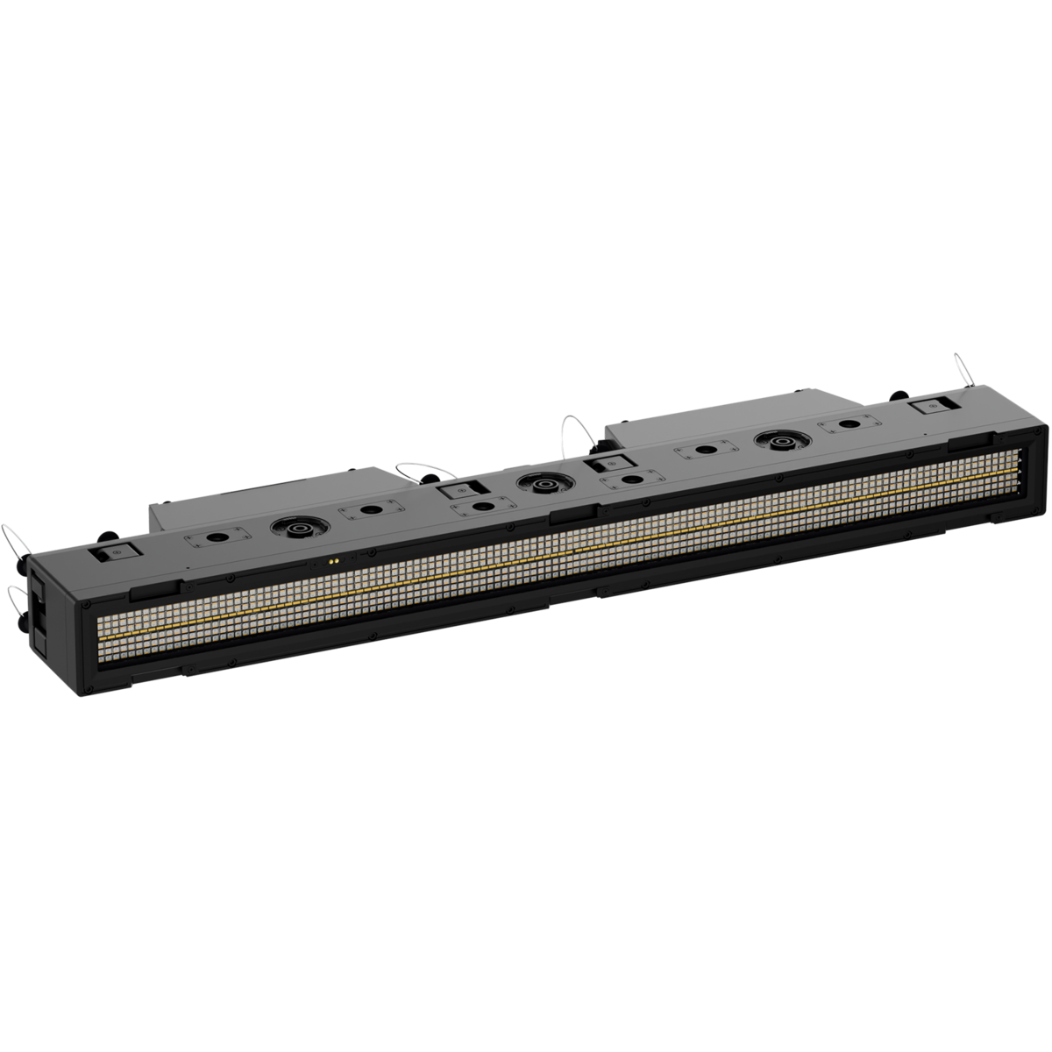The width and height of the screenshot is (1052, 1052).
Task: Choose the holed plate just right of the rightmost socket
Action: point(849,424)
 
